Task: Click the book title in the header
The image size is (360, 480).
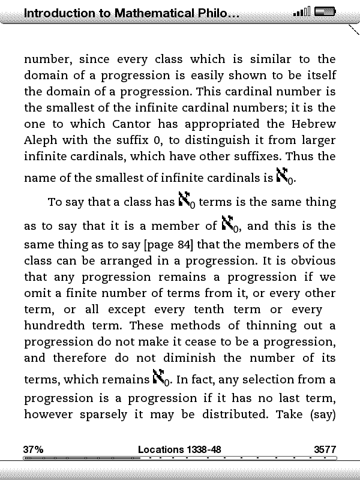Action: (x=123, y=13)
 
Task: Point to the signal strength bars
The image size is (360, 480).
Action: (x=302, y=12)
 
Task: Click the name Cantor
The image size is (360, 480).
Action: (x=133, y=124)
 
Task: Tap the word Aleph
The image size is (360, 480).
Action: (x=41, y=140)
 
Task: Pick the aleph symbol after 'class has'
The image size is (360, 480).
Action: (x=187, y=201)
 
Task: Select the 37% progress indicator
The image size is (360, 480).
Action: (x=33, y=449)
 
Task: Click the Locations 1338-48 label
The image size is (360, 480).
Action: (x=179, y=449)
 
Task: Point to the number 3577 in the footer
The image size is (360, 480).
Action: (x=325, y=449)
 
